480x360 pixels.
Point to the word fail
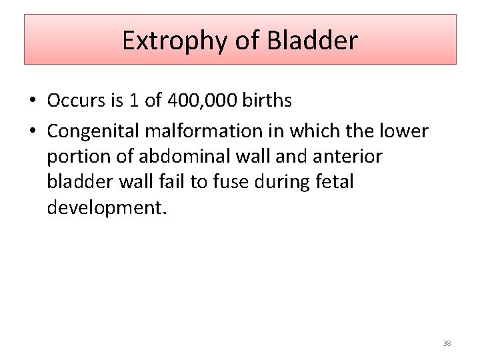171,181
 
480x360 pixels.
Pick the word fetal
332,181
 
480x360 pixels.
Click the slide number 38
447,343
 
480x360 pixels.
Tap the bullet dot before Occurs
33,101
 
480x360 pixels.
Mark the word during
280,181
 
